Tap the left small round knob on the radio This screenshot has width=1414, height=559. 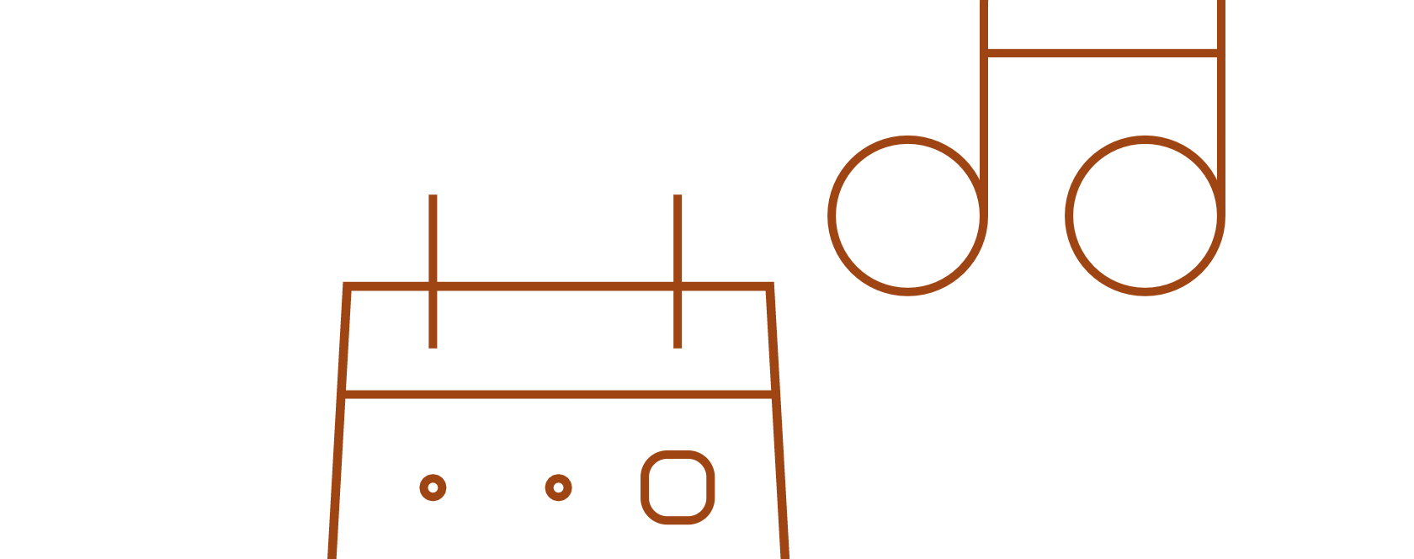click(433, 487)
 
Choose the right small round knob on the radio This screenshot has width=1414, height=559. click(558, 487)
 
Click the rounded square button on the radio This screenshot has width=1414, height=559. click(678, 487)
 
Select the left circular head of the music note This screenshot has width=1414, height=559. click(907, 216)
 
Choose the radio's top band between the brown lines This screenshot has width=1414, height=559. click(555, 341)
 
